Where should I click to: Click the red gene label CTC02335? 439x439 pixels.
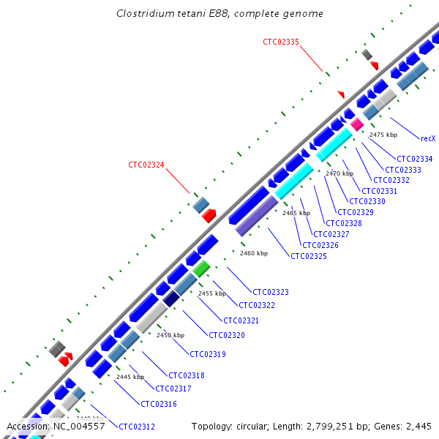281,42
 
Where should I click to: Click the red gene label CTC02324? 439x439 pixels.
146,165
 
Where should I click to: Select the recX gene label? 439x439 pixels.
428,138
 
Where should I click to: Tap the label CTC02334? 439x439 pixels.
414,159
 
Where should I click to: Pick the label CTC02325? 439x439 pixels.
308,256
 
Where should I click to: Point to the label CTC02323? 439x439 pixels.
270,292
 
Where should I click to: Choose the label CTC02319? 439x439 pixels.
208,354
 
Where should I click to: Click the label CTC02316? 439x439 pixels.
158,404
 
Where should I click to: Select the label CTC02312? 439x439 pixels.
137,427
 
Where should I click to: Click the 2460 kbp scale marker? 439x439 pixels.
254,253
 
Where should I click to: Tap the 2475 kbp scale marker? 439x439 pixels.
383,135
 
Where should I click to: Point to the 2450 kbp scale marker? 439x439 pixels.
170,335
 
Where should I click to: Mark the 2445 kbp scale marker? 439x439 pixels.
130,377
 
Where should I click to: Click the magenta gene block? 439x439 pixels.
356,125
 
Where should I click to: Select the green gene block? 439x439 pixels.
201,269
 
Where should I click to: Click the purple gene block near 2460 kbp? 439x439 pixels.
255,216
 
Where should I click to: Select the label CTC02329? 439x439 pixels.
356,212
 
